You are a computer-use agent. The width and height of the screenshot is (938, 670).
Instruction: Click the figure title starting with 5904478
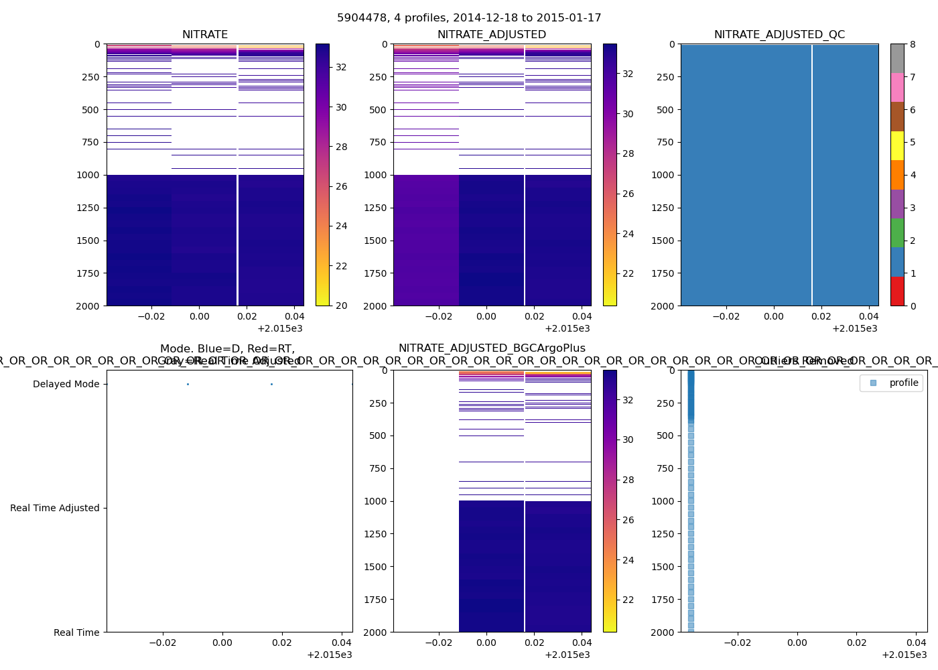[x=469, y=18]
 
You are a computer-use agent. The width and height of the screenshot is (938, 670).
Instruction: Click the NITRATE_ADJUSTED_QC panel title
[x=779, y=35]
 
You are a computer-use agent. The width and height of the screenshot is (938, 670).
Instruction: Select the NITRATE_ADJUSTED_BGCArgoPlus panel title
[x=492, y=348]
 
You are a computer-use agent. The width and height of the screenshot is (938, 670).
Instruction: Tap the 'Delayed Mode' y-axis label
[x=66, y=384]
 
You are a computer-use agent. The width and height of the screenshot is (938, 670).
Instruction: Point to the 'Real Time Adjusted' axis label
[x=54, y=508]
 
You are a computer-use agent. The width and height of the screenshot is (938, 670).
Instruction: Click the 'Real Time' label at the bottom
[x=76, y=632]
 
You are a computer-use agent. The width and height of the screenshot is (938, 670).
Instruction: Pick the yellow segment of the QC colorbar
[x=897, y=145]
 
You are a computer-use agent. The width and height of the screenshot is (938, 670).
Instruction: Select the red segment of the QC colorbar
[x=897, y=291]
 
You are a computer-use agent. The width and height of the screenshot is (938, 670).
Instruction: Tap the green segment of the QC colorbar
[x=897, y=232]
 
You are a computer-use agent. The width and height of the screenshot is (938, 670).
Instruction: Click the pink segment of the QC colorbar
[x=897, y=87]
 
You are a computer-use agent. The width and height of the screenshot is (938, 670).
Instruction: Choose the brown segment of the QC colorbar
[x=897, y=117]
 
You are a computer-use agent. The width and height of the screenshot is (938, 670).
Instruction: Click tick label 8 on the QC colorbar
[x=913, y=44]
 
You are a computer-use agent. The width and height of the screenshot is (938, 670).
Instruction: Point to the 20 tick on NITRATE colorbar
[x=341, y=306]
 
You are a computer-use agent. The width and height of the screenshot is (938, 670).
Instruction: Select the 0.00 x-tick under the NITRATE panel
[x=199, y=316]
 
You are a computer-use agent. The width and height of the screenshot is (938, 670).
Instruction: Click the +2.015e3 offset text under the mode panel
[x=329, y=655]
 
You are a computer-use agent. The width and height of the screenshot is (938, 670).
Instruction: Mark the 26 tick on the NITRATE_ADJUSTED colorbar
[x=628, y=194]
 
